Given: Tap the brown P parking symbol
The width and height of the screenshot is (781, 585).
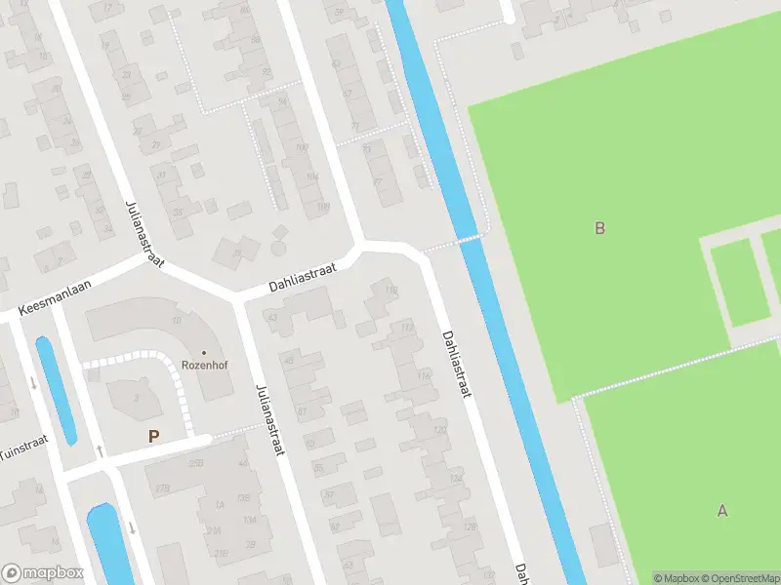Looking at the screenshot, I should (x=153, y=437).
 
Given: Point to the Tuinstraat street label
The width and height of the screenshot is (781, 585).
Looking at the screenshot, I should (x=21, y=448).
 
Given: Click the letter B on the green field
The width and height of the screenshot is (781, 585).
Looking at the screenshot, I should (x=600, y=228).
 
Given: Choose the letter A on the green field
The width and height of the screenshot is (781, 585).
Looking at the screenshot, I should (x=722, y=510).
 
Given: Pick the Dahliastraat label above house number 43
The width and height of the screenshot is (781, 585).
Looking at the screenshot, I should (x=303, y=279).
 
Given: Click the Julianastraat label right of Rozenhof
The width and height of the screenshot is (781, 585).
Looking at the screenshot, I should (x=269, y=418).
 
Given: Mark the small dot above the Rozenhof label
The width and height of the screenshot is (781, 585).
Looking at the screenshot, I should (x=204, y=352).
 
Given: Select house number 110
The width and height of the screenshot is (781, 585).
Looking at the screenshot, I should (x=391, y=291).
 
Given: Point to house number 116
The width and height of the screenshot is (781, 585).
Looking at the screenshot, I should (x=423, y=375).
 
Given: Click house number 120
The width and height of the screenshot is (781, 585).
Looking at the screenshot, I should (x=438, y=429).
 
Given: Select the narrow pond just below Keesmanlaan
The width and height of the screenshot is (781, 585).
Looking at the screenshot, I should (x=55, y=389).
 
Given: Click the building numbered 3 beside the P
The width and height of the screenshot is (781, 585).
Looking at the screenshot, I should (x=136, y=396).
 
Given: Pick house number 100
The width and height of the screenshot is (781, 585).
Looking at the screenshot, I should (x=301, y=146).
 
